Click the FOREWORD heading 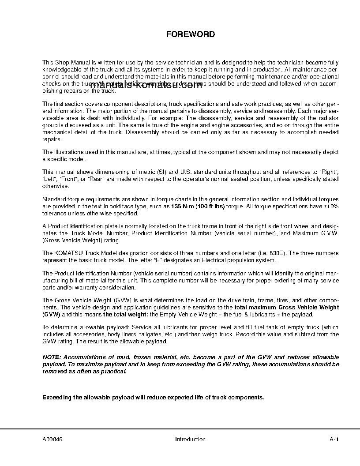(190, 34)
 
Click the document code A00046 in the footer (52, 439)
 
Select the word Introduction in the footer (190, 439)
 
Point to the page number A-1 (334, 439)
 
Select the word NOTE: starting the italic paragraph (52, 357)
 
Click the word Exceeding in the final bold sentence (57, 397)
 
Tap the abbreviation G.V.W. (329, 233)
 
